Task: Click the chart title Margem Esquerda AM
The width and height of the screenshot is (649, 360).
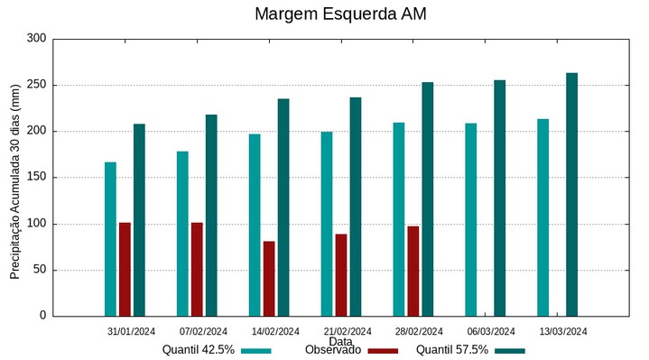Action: [x=340, y=14]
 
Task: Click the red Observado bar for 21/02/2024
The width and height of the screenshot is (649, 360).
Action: [x=341, y=275]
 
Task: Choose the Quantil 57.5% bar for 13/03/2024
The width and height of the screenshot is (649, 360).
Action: [x=571, y=195]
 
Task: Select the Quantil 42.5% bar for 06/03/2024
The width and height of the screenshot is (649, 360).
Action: [x=470, y=220]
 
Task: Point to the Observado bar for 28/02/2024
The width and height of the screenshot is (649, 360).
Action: [x=413, y=271]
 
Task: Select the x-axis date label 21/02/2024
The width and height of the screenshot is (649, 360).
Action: [x=348, y=331]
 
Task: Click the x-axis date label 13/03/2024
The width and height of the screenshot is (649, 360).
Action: [x=563, y=331]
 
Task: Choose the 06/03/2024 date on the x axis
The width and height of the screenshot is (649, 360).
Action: [x=491, y=331]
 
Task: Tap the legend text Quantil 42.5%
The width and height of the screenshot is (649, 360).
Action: [x=199, y=350]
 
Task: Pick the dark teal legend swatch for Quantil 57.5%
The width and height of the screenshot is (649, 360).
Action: [x=510, y=351]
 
